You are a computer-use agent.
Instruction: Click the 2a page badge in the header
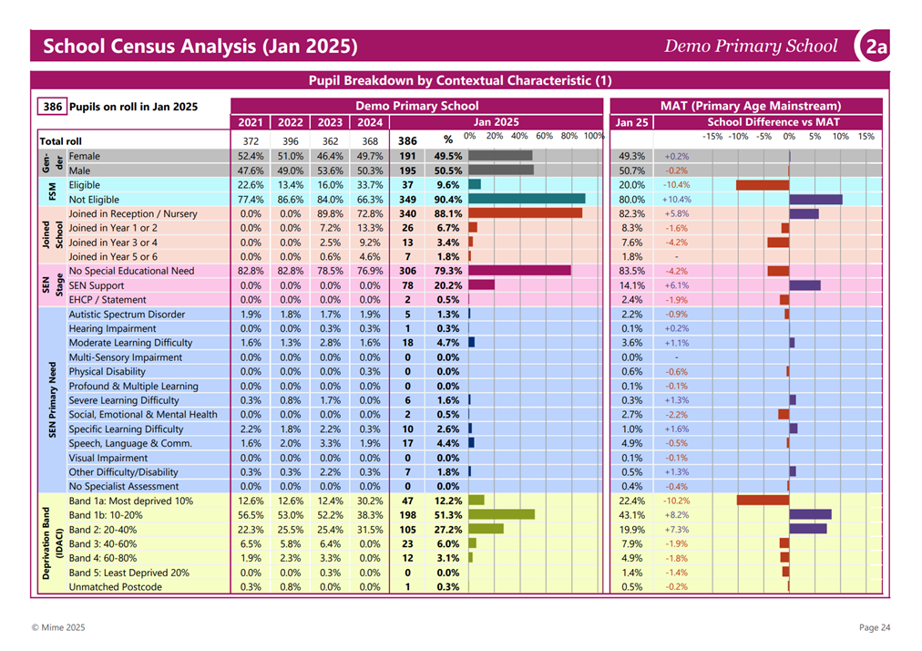point(875,46)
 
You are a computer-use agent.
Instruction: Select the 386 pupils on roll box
point(52,107)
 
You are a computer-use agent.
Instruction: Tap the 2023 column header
point(330,122)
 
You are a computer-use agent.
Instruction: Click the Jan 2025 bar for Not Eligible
point(527,199)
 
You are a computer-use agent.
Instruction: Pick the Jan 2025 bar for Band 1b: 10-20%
point(502,514)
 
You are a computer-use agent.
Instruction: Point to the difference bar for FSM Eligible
point(763,185)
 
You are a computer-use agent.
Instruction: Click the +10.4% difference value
point(678,200)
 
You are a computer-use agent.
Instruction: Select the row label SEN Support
point(97,285)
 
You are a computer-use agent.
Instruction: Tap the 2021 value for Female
point(251,156)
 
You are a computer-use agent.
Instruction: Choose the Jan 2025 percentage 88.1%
point(448,213)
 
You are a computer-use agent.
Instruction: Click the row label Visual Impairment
point(108,458)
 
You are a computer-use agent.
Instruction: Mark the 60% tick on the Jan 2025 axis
point(544,136)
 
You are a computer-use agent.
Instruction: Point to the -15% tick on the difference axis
point(712,137)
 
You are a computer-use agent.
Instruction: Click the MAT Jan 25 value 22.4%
point(632,501)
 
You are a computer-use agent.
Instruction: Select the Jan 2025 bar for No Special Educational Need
point(520,271)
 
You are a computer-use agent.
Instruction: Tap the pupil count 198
point(407,515)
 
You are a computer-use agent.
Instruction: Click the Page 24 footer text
point(875,627)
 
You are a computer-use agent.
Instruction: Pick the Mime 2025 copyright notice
point(58,627)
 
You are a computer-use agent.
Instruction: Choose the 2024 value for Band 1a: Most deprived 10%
point(370,501)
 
